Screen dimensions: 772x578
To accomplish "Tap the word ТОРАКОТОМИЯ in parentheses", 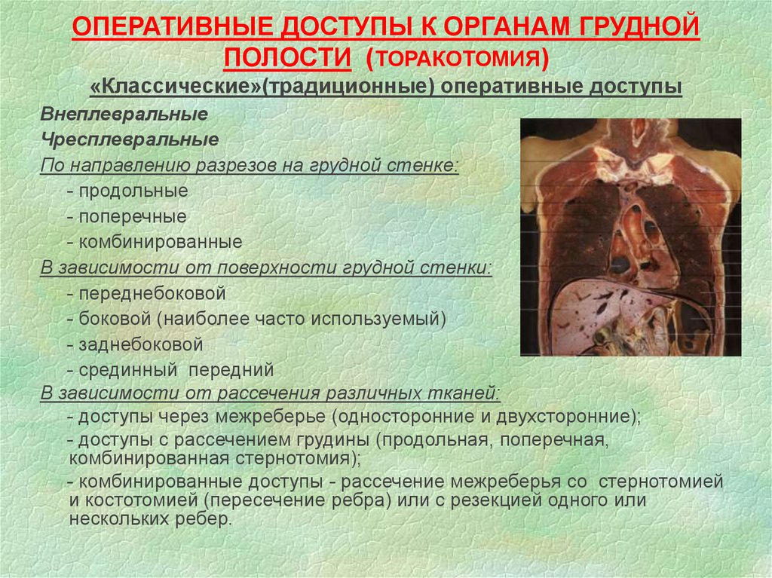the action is [458, 59].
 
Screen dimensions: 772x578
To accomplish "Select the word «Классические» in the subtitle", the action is [176, 87].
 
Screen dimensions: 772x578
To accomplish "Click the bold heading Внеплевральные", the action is [124, 115].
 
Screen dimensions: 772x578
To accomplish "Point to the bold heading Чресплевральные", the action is [130, 140].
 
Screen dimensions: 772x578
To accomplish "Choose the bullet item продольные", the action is [133, 191].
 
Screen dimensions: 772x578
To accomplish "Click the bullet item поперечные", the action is [133, 216].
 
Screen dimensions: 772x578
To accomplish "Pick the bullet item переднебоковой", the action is [152, 293].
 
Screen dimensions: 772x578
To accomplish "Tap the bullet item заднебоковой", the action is [141, 344].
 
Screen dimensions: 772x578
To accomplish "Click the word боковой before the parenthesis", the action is [115, 319].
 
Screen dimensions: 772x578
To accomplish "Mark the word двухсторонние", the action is [563, 417].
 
